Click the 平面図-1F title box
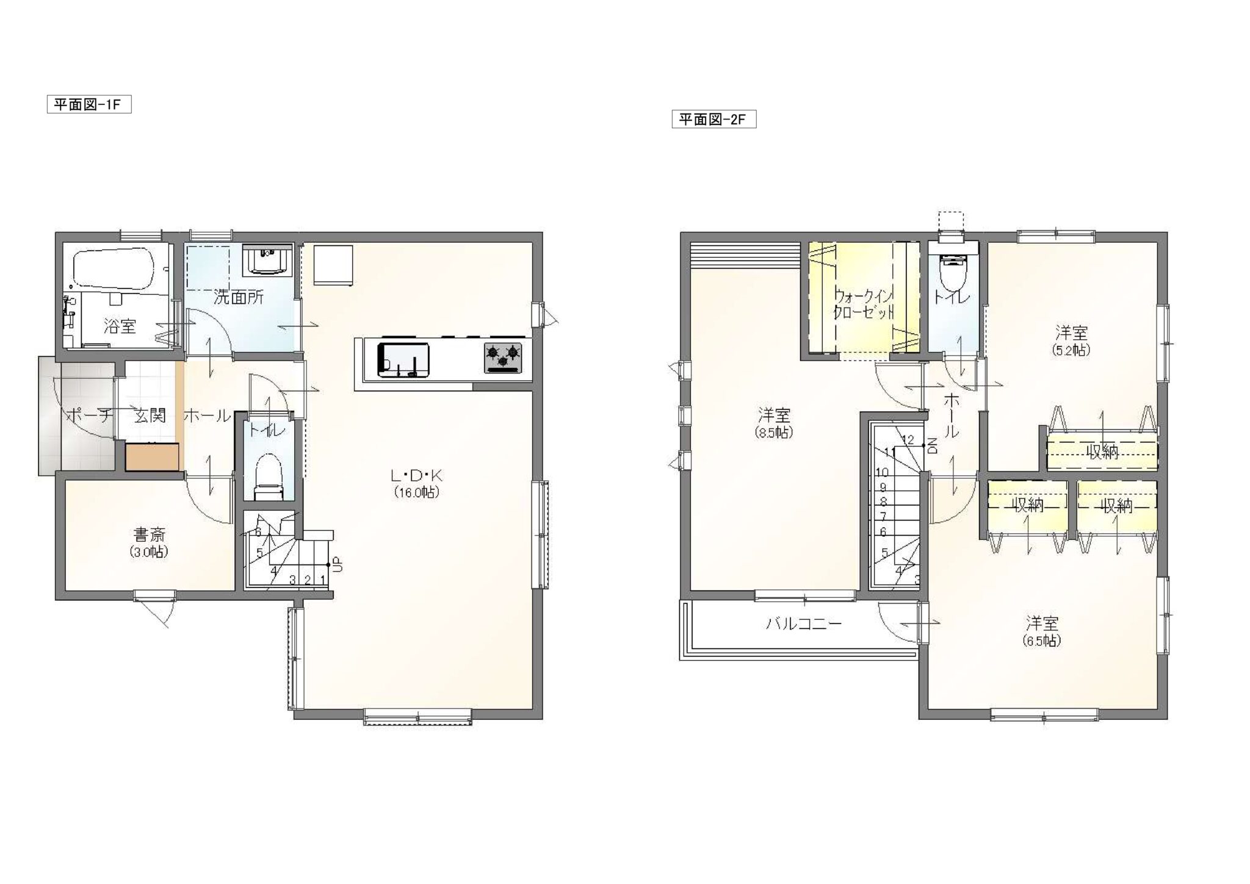(x=89, y=104)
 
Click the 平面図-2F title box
(x=714, y=119)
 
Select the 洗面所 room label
(x=239, y=298)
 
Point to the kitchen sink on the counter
(x=403, y=360)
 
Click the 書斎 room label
(x=150, y=536)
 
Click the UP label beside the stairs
(x=338, y=564)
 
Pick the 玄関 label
(x=150, y=416)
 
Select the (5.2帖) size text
(x=1071, y=351)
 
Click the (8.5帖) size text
(x=775, y=433)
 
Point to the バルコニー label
(x=804, y=623)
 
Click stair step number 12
(x=907, y=439)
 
